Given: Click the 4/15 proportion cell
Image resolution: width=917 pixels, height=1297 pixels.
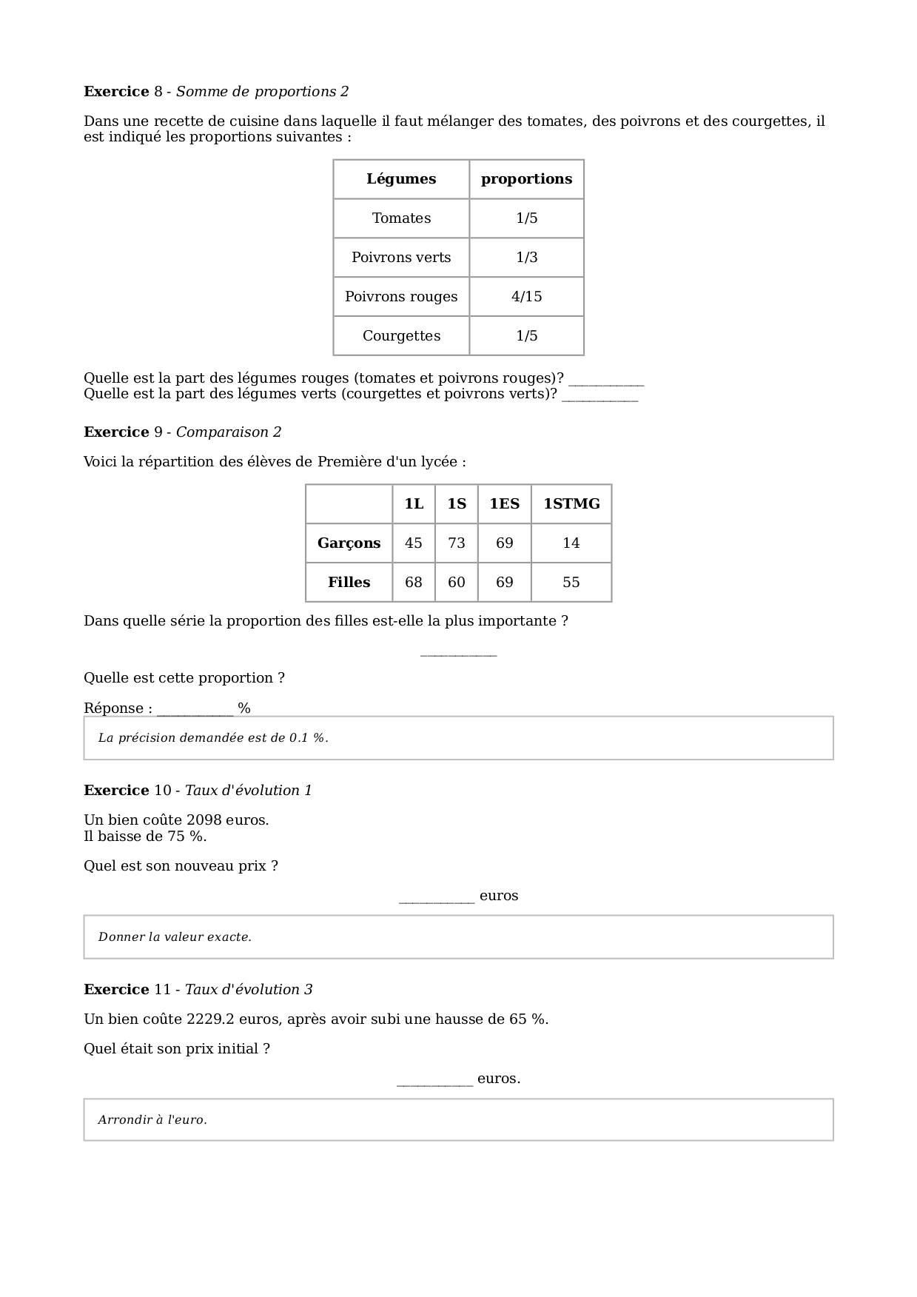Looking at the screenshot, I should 526,297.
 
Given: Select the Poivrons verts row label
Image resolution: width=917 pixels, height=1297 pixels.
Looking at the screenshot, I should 401,258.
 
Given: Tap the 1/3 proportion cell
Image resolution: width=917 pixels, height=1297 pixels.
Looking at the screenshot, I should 526,258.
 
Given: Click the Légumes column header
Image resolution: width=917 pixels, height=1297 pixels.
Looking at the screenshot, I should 401,179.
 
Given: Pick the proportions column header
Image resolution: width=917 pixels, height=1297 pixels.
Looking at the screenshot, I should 526,179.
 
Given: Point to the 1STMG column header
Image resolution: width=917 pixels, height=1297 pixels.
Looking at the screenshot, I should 571,504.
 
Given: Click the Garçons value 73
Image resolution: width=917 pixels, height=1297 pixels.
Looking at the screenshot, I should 457,543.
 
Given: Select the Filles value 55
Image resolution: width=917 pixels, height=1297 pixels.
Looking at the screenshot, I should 571,583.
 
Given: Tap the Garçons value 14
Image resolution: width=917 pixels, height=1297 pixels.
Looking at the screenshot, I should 571,543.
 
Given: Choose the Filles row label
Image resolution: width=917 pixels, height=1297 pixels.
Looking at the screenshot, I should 349,583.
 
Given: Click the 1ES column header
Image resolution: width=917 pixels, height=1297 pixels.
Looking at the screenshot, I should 504,504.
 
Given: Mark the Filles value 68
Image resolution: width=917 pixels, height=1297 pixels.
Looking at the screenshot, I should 414,583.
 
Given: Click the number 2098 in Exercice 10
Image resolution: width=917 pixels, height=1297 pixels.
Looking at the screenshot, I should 204,820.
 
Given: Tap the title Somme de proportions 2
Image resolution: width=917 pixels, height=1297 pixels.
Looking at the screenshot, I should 262,92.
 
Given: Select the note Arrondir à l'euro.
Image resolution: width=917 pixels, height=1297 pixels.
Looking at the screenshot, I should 152,1120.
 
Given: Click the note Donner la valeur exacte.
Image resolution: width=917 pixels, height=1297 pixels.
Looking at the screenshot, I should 175,937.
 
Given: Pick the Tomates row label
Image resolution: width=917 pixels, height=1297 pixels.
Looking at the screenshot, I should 401,218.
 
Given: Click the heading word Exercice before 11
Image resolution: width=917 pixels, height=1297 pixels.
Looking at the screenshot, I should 116,990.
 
